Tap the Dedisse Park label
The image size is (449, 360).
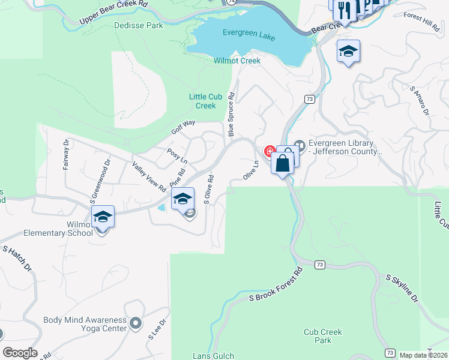pyautogui.click(x=138, y=26)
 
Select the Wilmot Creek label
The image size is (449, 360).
pyautogui.click(x=237, y=61)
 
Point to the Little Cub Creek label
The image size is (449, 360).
pyautogui.click(x=202, y=101)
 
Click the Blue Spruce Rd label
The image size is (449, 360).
pyautogui.click(x=231, y=118)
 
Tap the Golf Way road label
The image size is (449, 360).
pyautogui.click(x=183, y=127)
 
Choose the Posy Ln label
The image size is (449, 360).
pyautogui.click(x=177, y=156)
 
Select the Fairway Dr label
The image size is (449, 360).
pyautogui.click(x=67, y=155)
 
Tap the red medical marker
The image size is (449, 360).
pyautogui.click(x=270, y=151)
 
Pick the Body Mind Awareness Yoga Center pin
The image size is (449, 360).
pyautogui.click(x=136, y=323)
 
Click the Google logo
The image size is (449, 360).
pyautogui.click(x=20, y=353)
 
